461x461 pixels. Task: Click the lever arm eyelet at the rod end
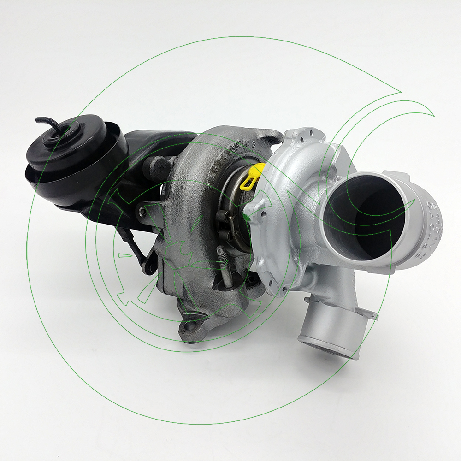click(149, 269)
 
